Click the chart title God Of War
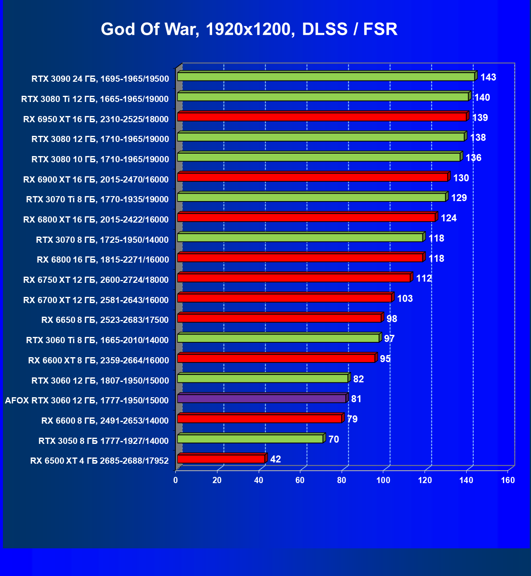pyautogui.click(x=249, y=29)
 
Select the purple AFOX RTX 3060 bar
pyautogui.click(x=262, y=398)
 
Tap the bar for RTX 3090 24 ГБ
pyautogui.click(x=326, y=77)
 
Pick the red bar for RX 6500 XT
pyautogui.click(x=221, y=459)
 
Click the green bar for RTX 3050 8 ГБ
pyautogui.click(x=250, y=439)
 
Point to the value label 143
pyautogui.click(x=488, y=78)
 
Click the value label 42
pyautogui.click(x=275, y=459)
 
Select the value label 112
pyautogui.click(x=424, y=278)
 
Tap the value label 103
pyautogui.click(x=405, y=299)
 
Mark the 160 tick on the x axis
pyautogui.click(x=508, y=480)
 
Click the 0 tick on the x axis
pyautogui.click(x=176, y=480)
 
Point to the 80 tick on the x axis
pyautogui.click(x=342, y=480)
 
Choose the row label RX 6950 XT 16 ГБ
pyautogui.click(x=96, y=119)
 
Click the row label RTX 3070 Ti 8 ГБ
pyautogui.click(x=97, y=199)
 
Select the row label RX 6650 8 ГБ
pyautogui.click(x=105, y=320)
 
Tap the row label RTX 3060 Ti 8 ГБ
pyautogui.click(x=97, y=340)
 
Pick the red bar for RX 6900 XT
pyautogui.click(x=312, y=177)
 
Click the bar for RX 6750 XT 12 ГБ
pyautogui.click(x=294, y=277)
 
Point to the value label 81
pyautogui.click(x=356, y=399)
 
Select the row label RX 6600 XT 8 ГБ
pyautogui.click(x=98, y=360)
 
